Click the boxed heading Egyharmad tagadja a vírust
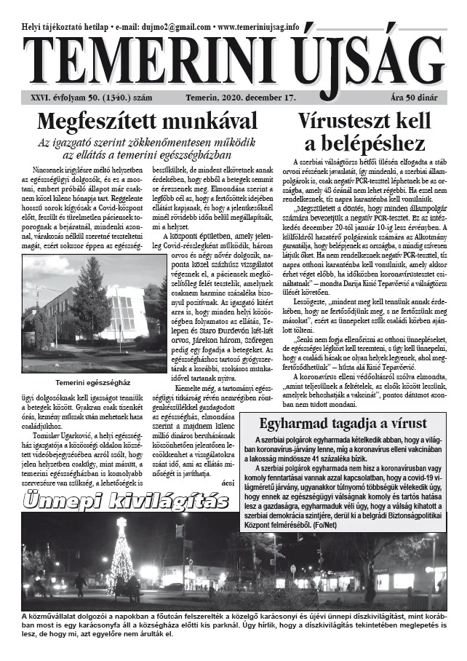click(x=353, y=425)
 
